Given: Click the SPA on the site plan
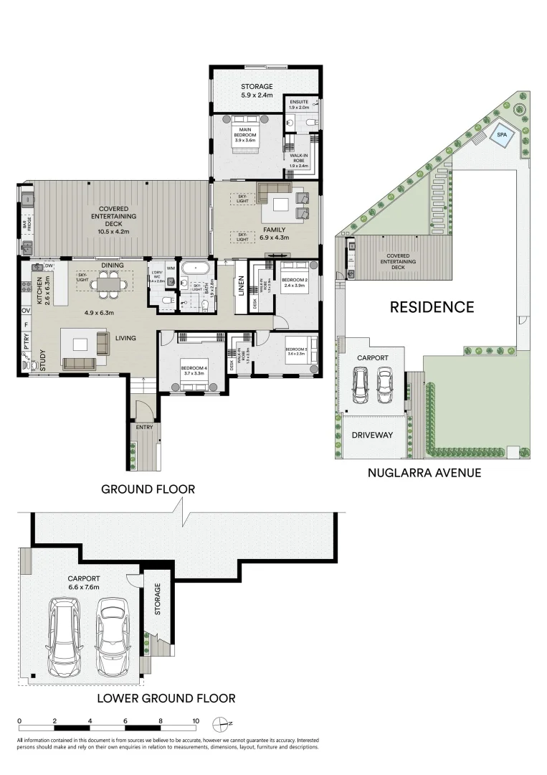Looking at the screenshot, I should (500, 135).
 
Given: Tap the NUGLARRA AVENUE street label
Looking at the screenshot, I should (424, 472).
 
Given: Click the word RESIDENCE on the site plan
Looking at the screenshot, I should (432, 307).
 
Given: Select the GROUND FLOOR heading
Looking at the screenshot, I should (148, 489).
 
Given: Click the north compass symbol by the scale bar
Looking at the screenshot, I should (225, 723).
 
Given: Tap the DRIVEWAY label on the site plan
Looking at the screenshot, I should (372, 435).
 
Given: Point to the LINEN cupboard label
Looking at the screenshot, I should (242, 286).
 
